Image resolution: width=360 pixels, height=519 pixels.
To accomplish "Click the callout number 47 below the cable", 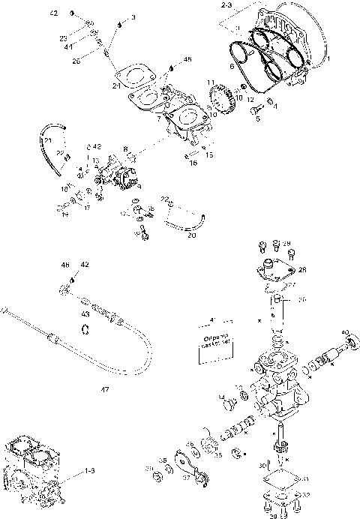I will (105, 389).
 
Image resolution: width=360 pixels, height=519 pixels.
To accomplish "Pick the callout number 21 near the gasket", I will (116, 86).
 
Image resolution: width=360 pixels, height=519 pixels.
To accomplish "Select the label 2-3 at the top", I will (226, 5).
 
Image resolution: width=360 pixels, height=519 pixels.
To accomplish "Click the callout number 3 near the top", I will (133, 16).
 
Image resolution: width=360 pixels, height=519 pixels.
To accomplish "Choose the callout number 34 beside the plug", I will (220, 397).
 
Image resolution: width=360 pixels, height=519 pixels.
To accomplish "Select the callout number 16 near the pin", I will (193, 162).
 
